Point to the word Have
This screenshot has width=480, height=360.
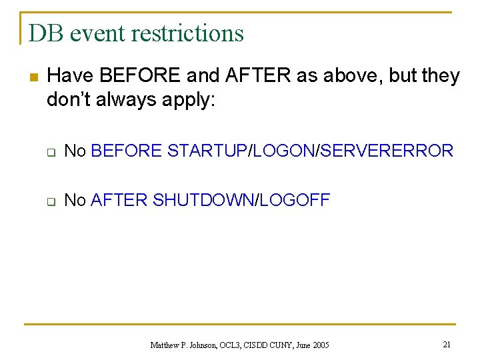69,76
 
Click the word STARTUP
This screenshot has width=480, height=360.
207,151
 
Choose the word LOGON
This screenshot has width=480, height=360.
284,151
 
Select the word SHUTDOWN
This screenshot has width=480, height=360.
204,201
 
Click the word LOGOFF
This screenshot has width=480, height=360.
295,201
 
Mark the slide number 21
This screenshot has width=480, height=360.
447,344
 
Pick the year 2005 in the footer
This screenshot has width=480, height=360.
319,345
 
